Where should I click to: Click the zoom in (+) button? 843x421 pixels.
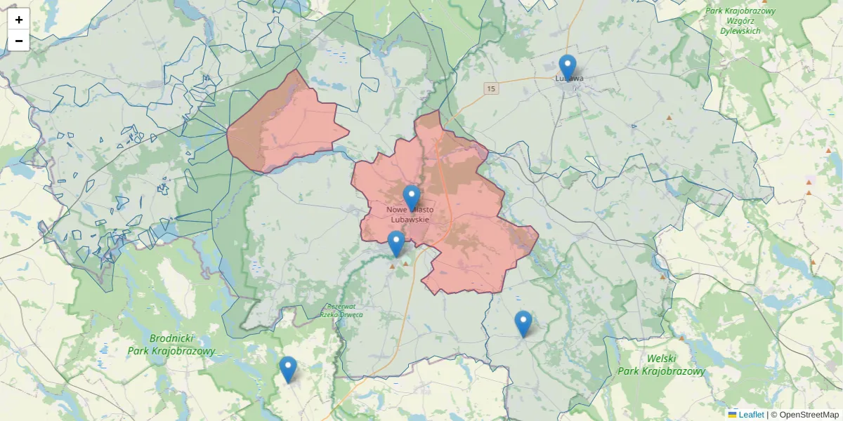click(19, 20)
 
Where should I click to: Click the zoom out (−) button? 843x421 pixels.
click(19, 41)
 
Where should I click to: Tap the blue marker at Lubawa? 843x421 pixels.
click(568, 67)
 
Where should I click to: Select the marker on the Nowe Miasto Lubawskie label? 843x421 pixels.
click(412, 198)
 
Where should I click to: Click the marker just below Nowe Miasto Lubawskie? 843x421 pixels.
click(396, 243)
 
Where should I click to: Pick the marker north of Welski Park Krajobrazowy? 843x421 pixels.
click(523, 323)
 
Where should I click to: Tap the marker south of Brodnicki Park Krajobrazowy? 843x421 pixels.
click(288, 369)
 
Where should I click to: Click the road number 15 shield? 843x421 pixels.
click(490, 88)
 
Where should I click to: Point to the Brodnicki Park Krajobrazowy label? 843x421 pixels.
click(171, 345)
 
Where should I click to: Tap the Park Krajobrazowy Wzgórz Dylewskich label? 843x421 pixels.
click(740, 21)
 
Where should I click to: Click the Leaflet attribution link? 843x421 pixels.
click(751, 415)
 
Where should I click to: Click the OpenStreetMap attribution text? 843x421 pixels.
click(809, 415)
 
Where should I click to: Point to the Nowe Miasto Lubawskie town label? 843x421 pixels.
click(410, 215)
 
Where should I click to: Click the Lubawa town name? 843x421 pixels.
click(569, 79)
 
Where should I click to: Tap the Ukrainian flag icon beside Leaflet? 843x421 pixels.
click(732, 415)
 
